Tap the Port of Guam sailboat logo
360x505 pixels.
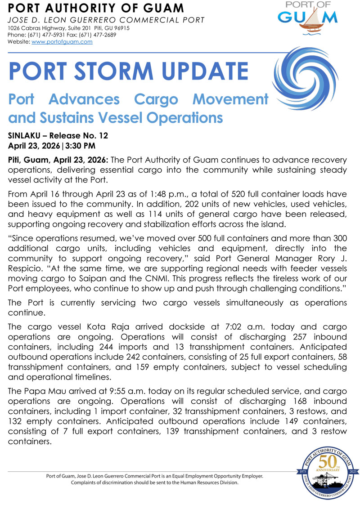[x=307, y=21]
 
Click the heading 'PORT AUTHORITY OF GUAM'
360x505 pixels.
[x=96, y=8]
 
